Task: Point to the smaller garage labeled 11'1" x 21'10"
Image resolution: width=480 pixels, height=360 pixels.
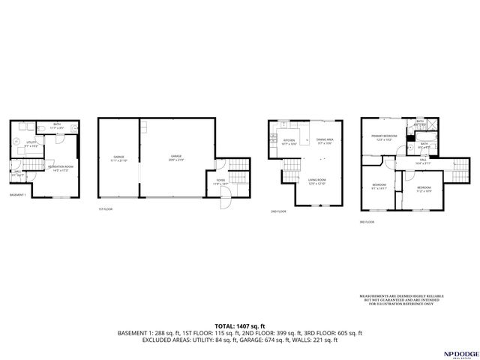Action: [x=118, y=158]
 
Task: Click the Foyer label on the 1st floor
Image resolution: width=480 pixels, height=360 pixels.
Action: [x=220, y=181]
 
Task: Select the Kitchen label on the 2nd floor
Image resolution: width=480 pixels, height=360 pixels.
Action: [x=288, y=141]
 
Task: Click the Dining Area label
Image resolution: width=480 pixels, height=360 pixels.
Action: [x=324, y=141]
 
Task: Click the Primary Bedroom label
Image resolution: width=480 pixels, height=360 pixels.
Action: [x=385, y=137]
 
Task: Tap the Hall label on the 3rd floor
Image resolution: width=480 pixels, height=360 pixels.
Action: [x=423, y=160]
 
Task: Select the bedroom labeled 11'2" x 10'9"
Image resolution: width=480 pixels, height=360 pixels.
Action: [x=424, y=188]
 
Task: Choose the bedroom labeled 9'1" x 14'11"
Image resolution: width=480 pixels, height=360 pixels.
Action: [x=379, y=186]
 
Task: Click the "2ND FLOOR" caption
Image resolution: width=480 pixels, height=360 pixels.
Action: [x=278, y=211]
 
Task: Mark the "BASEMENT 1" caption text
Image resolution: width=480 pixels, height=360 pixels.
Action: [x=18, y=195]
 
